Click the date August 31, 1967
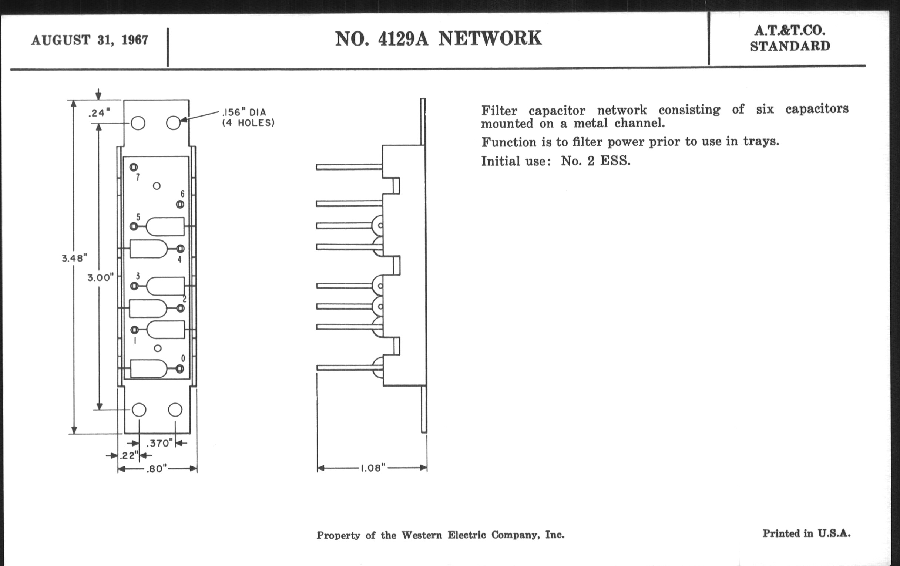pyautogui.click(x=90, y=40)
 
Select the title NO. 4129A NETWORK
pyautogui.click(x=438, y=38)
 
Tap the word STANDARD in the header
pyautogui.click(x=790, y=46)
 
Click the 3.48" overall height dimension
pyautogui.click(x=74, y=258)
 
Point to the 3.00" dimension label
pyautogui.click(x=100, y=277)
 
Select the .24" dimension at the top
pyautogui.click(x=99, y=112)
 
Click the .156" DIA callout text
pyautogui.click(x=244, y=112)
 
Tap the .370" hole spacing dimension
pyautogui.click(x=159, y=444)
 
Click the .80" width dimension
pyautogui.click(x=156, y=469)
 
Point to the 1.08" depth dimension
pyautogui.click(x=372, y=468)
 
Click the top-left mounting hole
pyautogui.click(x=138, y=123)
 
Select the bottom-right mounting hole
pyautogui.click(x=175, y=410)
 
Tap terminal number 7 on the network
pyautogui.click(x=134, y=167)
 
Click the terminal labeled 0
pyautogui.click(x=180, y=369)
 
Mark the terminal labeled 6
pyautogui.click(x=180, y=204)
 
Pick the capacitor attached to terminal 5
pyautogui.click(x=165, y=226)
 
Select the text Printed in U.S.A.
pyautogui.click(x=806, y=533)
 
